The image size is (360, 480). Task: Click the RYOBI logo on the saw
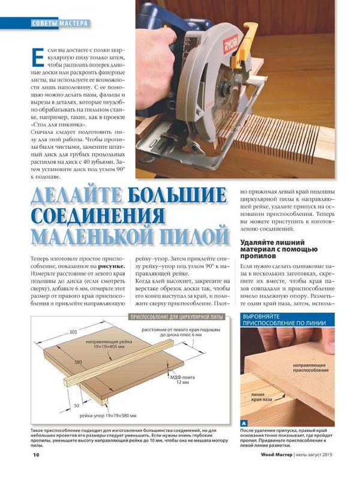[231, 44]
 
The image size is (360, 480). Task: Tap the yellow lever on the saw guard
[245, 47]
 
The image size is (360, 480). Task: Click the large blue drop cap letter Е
[38, 57]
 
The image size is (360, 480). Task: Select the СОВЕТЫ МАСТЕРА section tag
[60, 23]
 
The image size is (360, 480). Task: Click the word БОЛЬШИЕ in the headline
[178, 196]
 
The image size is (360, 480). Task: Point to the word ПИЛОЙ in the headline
[194, 235]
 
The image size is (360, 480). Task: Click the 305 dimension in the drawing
[73, 332]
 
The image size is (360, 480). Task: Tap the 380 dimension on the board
[78, 362]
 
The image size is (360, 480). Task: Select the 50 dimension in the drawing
[77, 406]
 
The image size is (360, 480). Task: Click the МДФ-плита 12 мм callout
[182, 380]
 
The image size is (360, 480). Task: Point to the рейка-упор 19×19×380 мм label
[108, 416]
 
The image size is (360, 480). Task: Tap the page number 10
[36, 455]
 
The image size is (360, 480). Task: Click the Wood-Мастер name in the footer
[277, 455]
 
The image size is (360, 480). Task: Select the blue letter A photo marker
[244, 424]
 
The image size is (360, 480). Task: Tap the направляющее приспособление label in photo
[311, 368]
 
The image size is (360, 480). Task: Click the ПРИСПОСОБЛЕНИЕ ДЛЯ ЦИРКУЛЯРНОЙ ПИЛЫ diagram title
[177, 317]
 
